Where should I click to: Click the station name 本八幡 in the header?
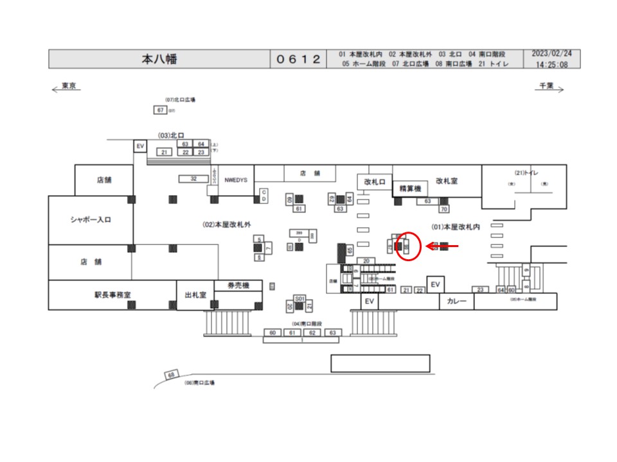click(x=159, y=59)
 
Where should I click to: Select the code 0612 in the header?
click(x=298, y=59)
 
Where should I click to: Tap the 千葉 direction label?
click(x=546, y=85)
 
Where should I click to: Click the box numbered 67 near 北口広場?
click(x=161, y=110)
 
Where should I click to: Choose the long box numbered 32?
click(x=193, y=178)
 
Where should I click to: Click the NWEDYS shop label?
click(x=236, y=180)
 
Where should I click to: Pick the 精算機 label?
click(x=409, y=189)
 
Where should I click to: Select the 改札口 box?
click(x=374, y=182)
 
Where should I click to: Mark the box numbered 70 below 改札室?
click(x=443, y=209)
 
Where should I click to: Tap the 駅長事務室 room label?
click(x=112, y=296)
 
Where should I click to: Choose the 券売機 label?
click(x=238, y=286)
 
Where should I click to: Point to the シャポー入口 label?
click(x=91, y=220)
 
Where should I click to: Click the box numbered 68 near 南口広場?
click(x=171, y=375)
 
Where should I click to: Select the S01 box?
click(x=299, y=299)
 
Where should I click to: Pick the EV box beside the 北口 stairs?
click(x=140, y=147)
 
